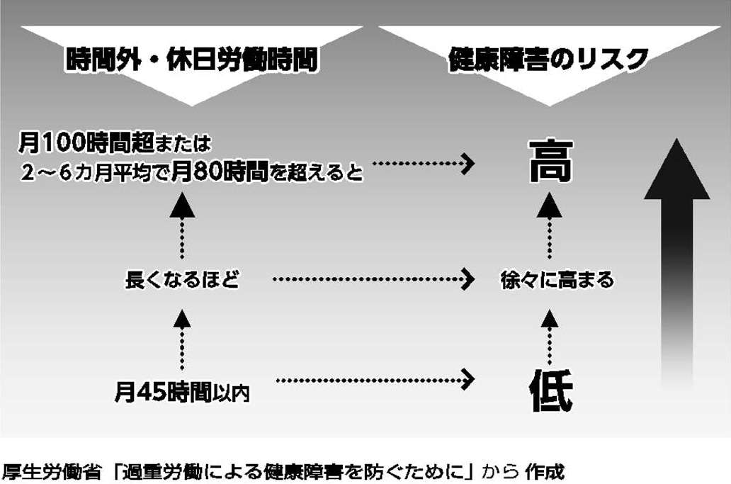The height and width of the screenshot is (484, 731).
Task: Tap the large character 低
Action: [550, 387]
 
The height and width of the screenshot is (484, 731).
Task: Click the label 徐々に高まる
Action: [556, 281]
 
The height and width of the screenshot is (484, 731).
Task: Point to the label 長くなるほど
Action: [182, 281]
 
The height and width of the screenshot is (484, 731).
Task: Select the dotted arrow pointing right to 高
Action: [423, 164]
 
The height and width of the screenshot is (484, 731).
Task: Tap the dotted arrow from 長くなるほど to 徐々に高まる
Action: [373, 280]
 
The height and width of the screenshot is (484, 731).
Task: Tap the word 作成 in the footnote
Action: [543, 469]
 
